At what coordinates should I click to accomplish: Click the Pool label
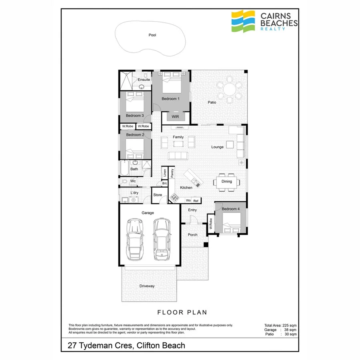point(152,35)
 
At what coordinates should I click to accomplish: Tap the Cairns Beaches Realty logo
point(264,21)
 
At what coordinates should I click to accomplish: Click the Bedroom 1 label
point(170,98)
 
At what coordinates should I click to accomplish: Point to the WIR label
point(175,117)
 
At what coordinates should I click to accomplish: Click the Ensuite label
point(144,80)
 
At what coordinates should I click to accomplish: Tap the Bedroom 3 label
point(135,116)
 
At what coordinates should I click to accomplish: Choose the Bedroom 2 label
point(135,135)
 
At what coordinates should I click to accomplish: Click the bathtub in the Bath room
point(124,168)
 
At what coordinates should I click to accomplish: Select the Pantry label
point(172,173)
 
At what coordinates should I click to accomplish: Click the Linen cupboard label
point(164,173)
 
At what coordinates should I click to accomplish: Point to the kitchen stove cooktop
point(174,197)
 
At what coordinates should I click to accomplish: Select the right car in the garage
point(162,237)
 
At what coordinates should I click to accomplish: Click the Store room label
point(158,195)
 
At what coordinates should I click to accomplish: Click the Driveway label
point(147,286)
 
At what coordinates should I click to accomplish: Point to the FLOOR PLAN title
point(182,312)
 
